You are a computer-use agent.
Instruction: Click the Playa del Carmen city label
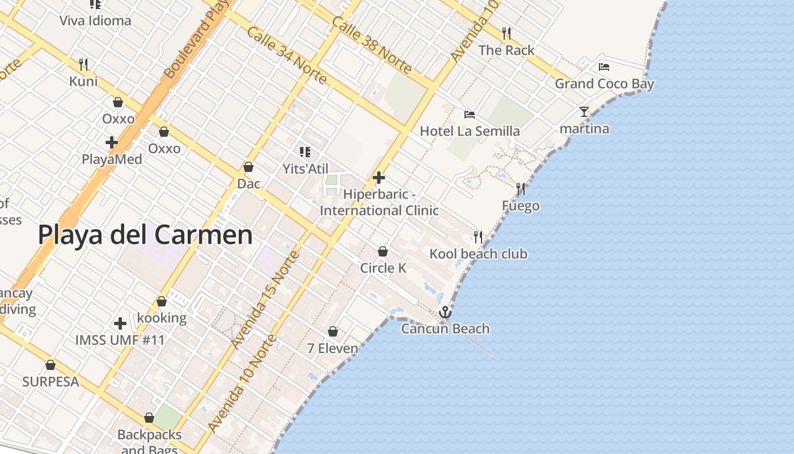point(145,235)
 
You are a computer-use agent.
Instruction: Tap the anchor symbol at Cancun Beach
point(445,312)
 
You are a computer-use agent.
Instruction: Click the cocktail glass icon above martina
point(584,112)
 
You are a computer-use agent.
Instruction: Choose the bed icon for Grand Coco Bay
point(604,67)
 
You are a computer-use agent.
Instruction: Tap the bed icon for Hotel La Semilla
point(470,115)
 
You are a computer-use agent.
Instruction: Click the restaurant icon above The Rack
point(506,33)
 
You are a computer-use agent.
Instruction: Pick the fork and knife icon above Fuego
point(520,188)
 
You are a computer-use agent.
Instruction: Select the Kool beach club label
point(478,254)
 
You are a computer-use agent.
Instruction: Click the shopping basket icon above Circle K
point(383,251)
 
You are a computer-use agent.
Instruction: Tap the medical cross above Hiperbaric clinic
point(379,178)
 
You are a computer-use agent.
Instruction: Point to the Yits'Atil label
point(305,169)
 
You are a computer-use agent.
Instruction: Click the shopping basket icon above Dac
point(248,167)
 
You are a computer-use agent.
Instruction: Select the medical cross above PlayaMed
point(112,142)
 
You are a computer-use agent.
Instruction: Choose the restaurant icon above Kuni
point(83,64)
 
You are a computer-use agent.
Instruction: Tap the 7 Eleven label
point(332,348)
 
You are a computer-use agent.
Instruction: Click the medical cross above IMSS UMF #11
point(120,323)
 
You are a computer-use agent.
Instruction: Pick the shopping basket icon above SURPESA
point(50,365)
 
